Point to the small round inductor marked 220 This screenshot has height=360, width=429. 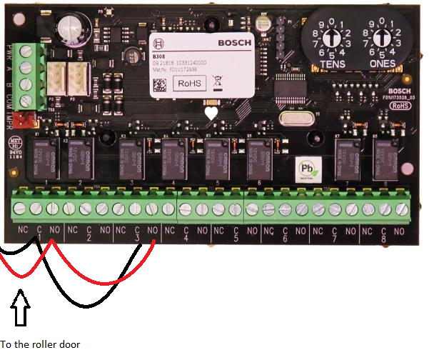click(133, 54)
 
